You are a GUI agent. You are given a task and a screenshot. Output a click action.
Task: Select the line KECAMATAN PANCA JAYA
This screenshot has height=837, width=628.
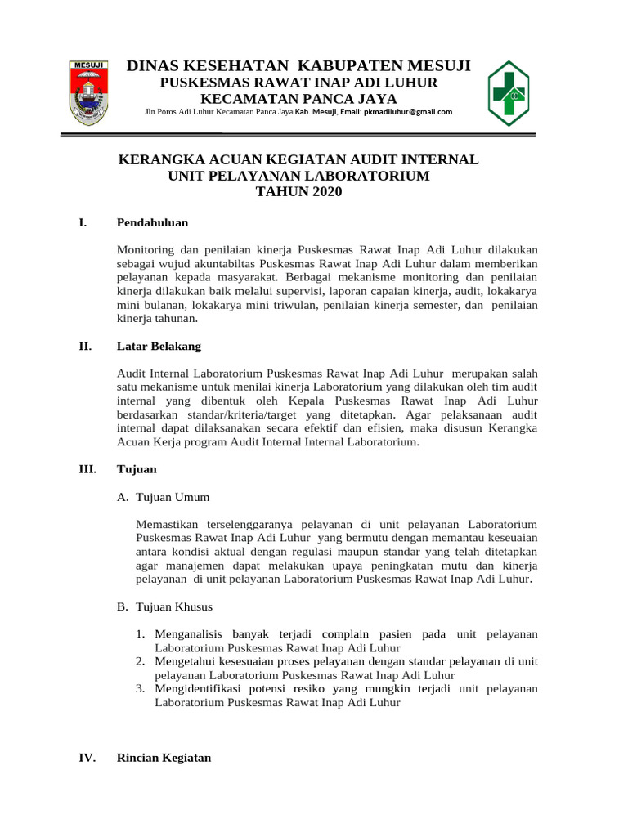click(x=298, y=98)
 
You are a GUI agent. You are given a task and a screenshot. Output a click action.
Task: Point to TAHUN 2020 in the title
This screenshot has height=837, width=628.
click(x=298, y=192)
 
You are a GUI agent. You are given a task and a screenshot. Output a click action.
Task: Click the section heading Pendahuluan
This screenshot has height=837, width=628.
click(x=153, y=222)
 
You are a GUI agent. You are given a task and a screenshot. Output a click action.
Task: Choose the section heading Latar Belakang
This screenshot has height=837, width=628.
click(x=159, y=347)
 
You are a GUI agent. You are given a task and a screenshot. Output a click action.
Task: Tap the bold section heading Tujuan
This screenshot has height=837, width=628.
click(x=137, y=470)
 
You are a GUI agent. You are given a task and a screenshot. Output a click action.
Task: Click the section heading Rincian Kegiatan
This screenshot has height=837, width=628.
click(x=164, y=758)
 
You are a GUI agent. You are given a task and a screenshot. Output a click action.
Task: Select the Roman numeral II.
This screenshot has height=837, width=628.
click(x=84, y=347)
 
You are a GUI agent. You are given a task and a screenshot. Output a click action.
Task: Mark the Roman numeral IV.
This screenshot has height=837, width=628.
click(x=87, y=758)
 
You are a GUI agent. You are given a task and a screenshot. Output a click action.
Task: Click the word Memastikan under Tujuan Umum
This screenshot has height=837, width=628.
click(x=168, y=524)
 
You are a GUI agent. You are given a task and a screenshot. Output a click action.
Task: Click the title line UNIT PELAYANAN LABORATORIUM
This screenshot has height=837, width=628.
click(x=298, y=176)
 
